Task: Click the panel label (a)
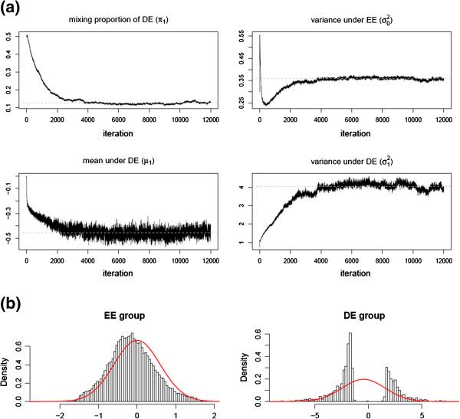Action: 13,9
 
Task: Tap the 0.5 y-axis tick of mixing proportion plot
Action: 7,36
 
